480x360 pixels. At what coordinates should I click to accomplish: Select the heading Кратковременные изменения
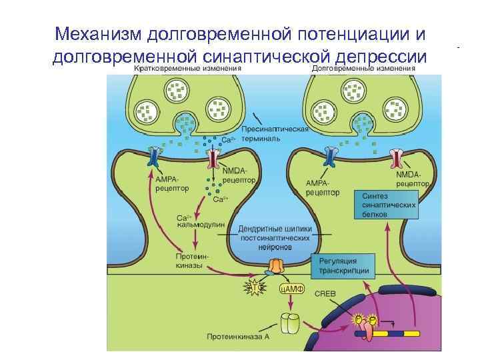click(187, 69)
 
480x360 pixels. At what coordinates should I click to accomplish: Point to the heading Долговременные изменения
click(363, 69)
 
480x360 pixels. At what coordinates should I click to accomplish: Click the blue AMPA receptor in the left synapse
click(155, 158)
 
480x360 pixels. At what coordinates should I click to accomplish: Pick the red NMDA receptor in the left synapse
click(214, 159)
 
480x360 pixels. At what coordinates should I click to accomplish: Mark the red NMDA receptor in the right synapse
click(396, 158)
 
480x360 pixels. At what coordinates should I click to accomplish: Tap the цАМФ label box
click(291, 288)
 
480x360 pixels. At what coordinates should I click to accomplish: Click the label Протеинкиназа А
click(239, 336)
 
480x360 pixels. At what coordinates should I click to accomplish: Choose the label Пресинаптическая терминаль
click(274, 133)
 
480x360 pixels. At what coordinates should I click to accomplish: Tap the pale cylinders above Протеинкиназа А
click(291, 323)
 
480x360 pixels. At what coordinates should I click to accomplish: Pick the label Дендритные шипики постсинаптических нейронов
click(275, 237)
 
